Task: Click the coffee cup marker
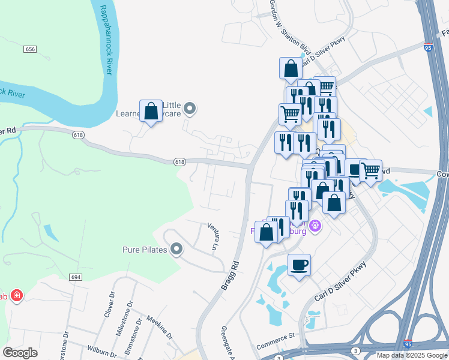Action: (x=299, y=264)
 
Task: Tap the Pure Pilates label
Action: (x=144, y=250)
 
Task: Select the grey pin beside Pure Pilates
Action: (x=176, y=249)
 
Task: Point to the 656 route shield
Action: (x=31, y=49)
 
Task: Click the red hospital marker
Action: (x=17, y=296)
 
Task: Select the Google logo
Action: (x=20, y=352)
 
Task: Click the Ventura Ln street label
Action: (x=213, y=237)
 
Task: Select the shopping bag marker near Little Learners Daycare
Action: (x=151, y=110)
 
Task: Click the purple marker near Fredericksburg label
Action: (x=317, y=226)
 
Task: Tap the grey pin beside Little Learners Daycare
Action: (x=190, y=109)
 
